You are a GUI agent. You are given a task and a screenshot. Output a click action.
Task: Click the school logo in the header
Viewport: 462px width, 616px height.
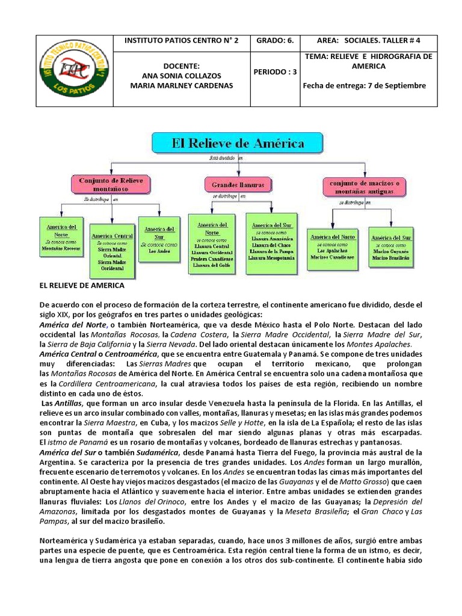click(75, 71)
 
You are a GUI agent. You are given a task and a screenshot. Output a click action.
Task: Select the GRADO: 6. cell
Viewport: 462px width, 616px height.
click(274, 41)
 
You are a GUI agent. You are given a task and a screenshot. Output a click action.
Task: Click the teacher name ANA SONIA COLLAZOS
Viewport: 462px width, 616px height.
click(181, 76)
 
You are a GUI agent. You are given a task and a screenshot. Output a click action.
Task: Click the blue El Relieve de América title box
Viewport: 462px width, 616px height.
click(238, 143)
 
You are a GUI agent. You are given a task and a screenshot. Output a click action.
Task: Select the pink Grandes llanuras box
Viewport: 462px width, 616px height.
click(238, 185)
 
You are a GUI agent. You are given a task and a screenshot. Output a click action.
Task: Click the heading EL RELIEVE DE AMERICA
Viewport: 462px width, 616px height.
click(81, 285)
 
